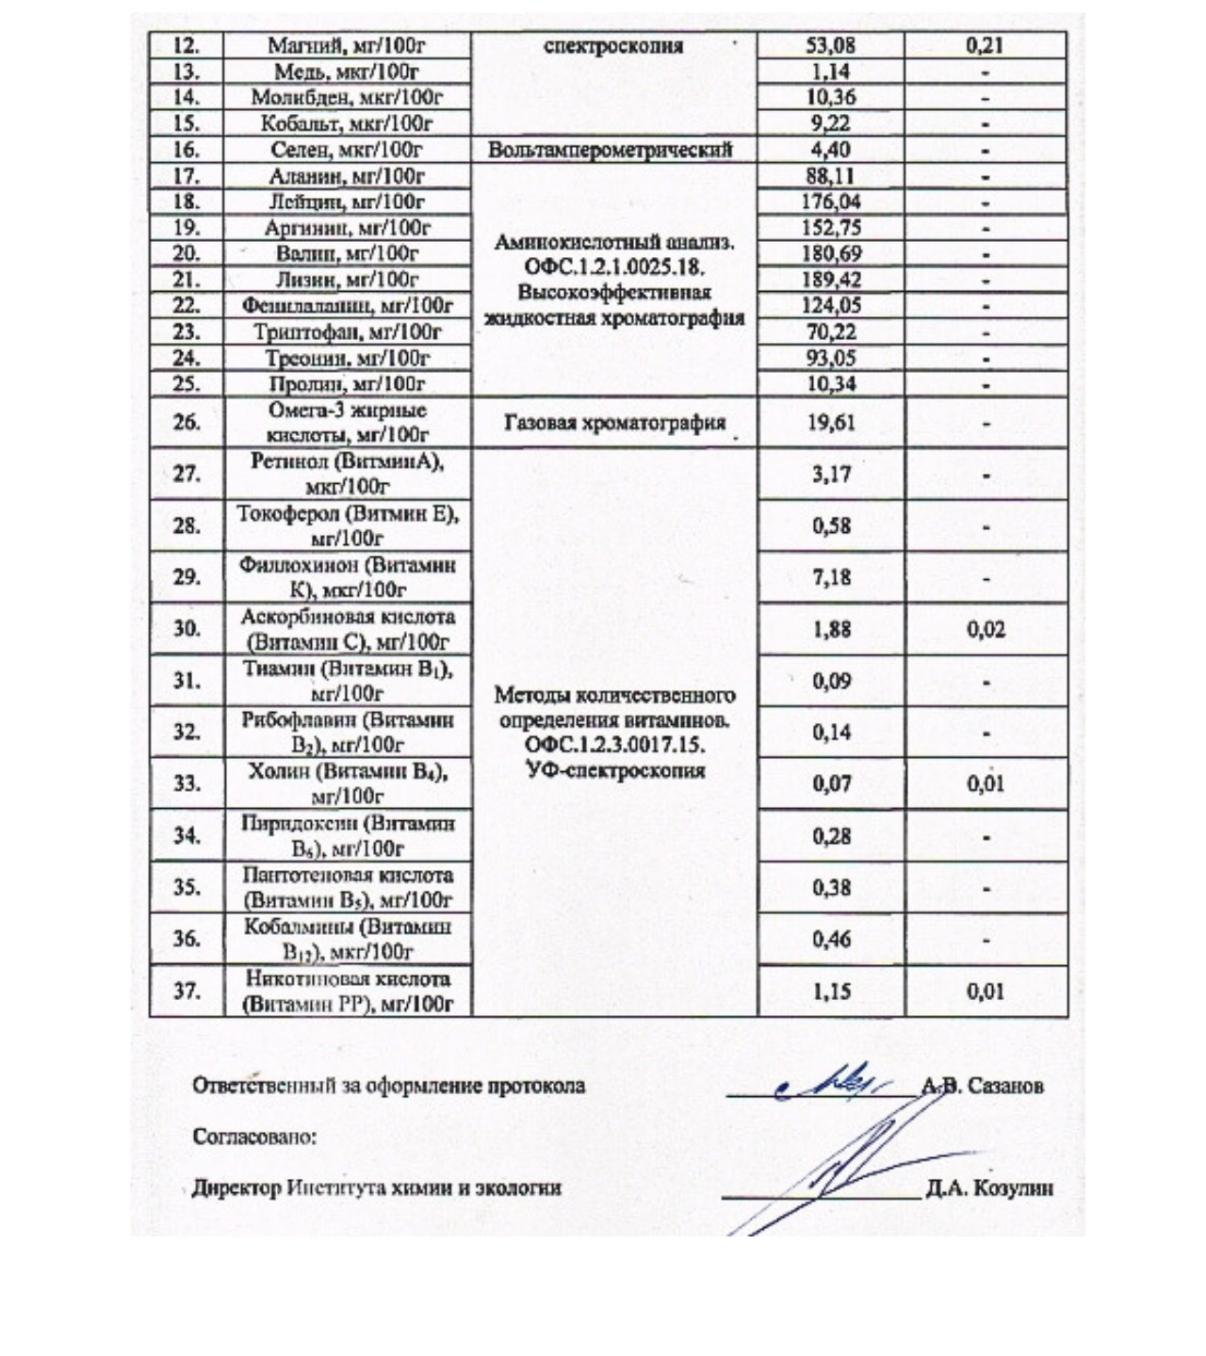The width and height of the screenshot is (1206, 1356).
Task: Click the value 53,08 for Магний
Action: [x=831, y=45]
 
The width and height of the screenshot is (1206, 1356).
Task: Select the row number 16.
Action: [x=187, y=150]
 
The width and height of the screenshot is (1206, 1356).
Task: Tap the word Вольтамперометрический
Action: [x=611, y=150]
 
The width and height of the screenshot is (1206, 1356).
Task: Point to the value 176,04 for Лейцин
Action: [x=831, y=202]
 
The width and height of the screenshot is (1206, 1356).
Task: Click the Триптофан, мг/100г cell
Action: [x=347, y=331]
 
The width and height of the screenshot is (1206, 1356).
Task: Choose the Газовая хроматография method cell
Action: [x=614, y=423]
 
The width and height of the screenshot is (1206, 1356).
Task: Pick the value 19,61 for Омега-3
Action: [x=831, y=423]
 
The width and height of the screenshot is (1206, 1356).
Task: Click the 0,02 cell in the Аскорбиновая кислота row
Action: [x=986, y=629]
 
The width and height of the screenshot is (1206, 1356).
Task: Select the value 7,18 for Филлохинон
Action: [x=831, y=577]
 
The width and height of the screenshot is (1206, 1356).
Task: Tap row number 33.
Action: [x=187, y=783]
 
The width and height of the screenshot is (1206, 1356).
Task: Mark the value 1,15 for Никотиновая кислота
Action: [x=831, y=991]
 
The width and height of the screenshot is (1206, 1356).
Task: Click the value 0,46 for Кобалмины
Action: [x=831, y=939]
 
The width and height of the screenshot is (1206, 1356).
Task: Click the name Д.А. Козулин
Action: [x=989, y=1188]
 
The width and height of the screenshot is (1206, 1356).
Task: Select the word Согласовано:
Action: [x=254, y=1137]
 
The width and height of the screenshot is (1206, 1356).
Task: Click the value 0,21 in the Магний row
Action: [x=985, y=45]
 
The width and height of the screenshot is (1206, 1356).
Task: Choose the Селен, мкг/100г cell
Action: [x=347, y=150]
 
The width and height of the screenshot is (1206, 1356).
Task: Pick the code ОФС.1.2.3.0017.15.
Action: [x=614, y=746]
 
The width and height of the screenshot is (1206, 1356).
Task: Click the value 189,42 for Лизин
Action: [x=831, y=280]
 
